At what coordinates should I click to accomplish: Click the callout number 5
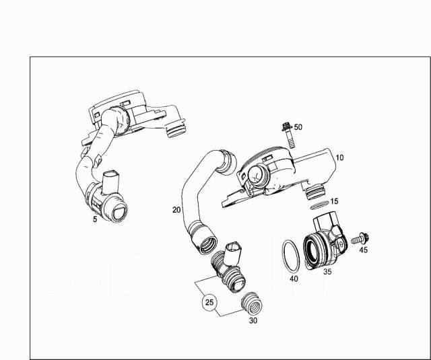(95, 219)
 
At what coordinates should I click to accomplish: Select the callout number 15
(334, 202)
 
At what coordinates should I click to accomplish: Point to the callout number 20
(176, 210)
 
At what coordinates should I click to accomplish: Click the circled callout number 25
(209, 303)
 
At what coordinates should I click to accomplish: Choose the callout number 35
(327, 272)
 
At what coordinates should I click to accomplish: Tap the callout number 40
(293, 279)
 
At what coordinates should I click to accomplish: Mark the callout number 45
(363, 250)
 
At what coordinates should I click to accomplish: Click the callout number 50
(298, 127)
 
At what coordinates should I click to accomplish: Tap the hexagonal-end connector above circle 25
(236, 250)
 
